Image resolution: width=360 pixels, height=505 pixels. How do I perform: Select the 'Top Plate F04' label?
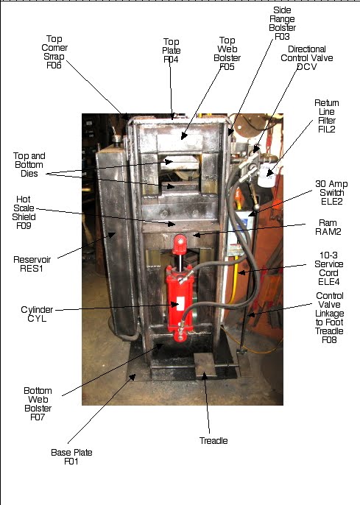point(171,52)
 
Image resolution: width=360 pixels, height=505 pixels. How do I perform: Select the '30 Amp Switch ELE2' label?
point(330,188)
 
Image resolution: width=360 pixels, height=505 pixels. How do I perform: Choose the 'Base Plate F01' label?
point(71,457)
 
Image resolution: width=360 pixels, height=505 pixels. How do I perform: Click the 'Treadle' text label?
point(213,440)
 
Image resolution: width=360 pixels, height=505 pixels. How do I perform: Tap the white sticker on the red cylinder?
point(178,301)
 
